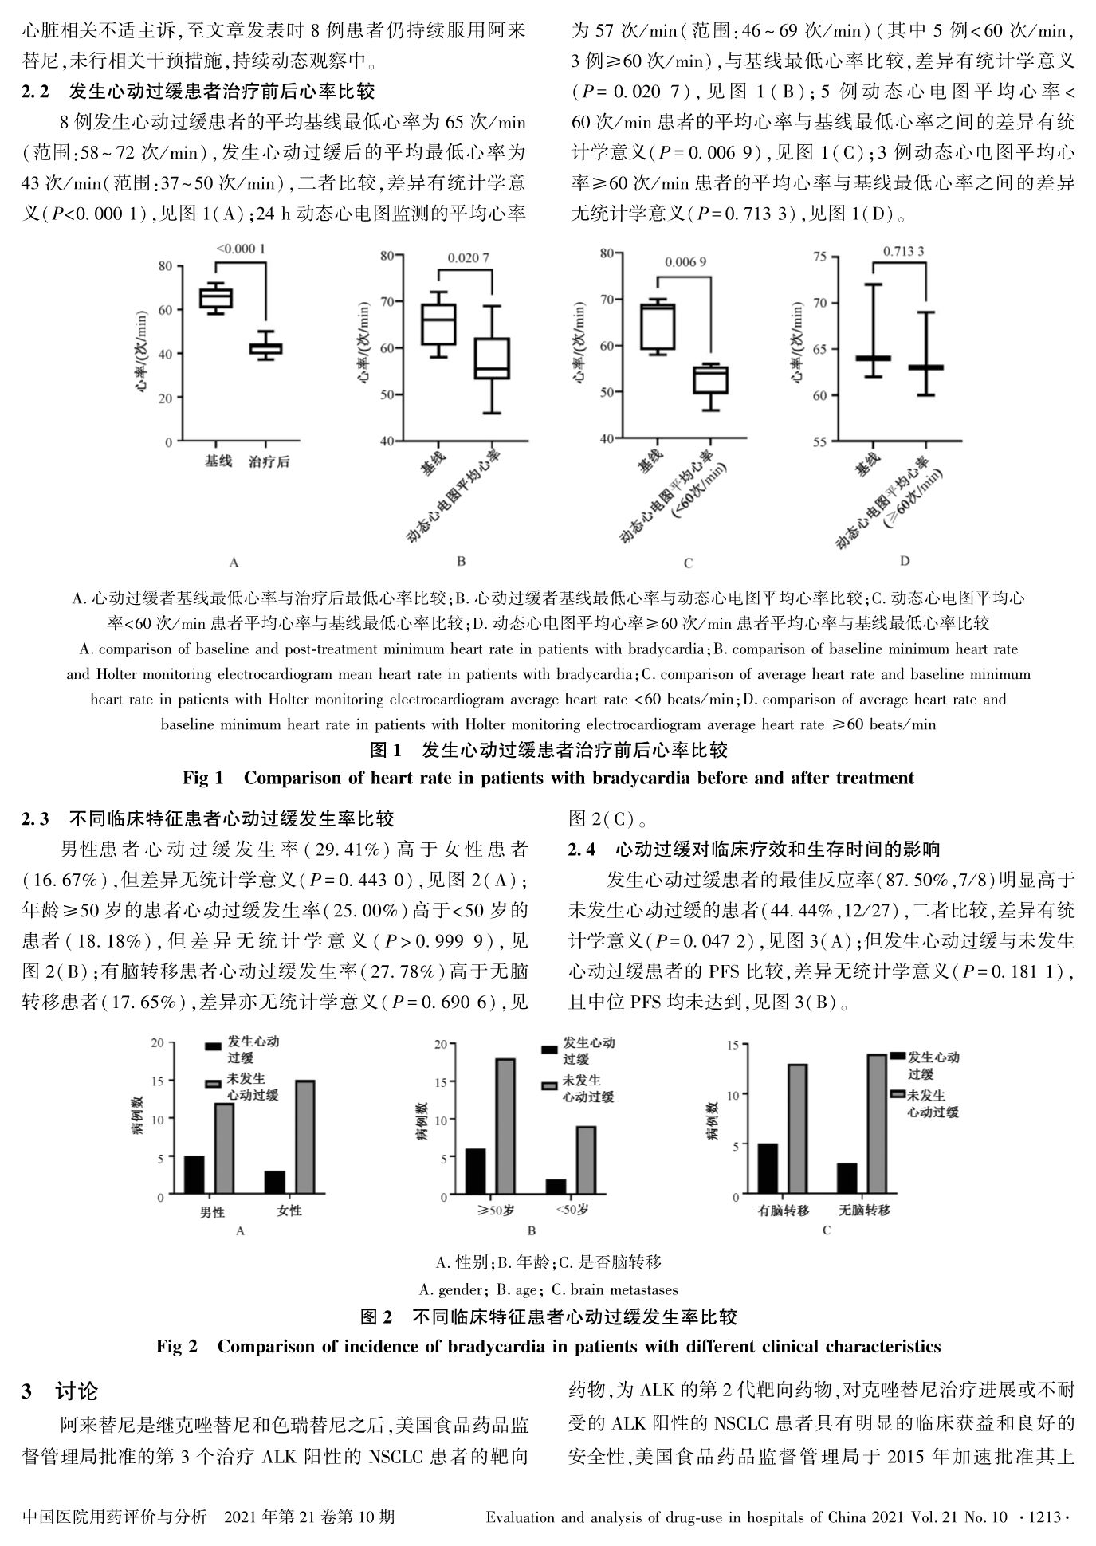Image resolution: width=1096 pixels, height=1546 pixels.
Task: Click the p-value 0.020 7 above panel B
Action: point(468,257)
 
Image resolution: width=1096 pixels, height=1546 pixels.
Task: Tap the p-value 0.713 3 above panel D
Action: point(903,252)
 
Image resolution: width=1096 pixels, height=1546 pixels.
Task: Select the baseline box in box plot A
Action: point(216,298)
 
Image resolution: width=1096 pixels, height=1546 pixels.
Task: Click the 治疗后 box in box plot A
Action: point(265,348)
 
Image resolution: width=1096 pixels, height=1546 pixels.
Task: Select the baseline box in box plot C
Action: point(658,327)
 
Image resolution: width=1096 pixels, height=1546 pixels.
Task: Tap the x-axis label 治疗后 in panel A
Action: point(269,461)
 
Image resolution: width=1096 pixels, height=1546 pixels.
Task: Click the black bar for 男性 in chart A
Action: point(194,1175)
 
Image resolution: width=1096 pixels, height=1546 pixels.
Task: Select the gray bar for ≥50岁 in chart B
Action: point(505,1127)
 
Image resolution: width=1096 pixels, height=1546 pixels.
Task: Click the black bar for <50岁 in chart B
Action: point(556,1187)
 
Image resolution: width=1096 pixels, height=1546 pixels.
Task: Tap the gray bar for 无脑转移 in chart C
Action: point(876,1124)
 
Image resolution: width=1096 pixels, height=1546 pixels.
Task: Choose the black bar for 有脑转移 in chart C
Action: point(768,1169)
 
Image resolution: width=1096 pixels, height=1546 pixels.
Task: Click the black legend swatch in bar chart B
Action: point(550,1049)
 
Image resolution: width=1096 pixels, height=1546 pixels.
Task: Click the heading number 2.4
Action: point(582,850)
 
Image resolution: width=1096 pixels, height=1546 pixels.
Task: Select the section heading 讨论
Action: point(77,1391)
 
